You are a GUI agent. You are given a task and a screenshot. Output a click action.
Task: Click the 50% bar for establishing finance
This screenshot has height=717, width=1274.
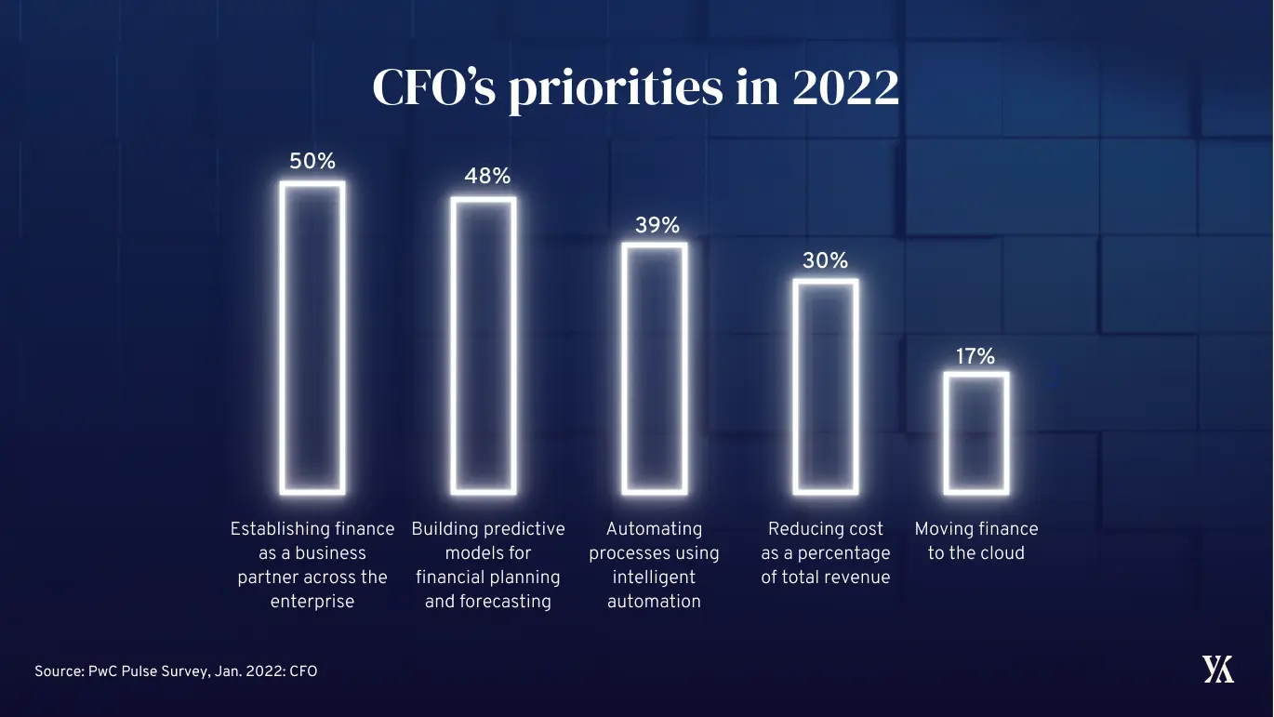pos(312,337)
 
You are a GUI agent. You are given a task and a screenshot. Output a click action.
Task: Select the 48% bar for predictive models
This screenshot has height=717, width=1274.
pos(484,344)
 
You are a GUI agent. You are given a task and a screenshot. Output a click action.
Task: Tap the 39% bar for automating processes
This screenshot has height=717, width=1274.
pos(655,367)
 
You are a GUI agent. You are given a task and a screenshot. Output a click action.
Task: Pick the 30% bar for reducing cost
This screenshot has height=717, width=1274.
pos(826,386)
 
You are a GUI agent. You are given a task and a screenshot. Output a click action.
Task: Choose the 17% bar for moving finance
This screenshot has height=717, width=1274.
pos(975,432)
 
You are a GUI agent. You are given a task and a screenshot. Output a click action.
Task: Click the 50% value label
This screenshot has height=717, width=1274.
pos(312,161)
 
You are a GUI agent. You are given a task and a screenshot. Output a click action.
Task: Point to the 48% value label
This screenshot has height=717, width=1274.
pos(487,177)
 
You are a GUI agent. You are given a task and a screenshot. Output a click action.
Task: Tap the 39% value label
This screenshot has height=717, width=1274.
pos(657,225)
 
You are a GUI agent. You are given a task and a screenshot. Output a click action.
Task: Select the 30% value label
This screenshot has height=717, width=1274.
pos(826,261)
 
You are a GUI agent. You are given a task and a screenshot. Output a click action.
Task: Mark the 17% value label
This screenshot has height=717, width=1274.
pos(975,355)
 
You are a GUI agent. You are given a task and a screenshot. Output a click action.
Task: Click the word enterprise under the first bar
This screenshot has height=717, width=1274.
pos(312,602)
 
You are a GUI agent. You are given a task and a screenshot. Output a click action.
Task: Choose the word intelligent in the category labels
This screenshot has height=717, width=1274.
pos(654,578)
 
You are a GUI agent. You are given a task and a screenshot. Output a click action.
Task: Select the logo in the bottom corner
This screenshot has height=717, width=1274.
pos(1217,670)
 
